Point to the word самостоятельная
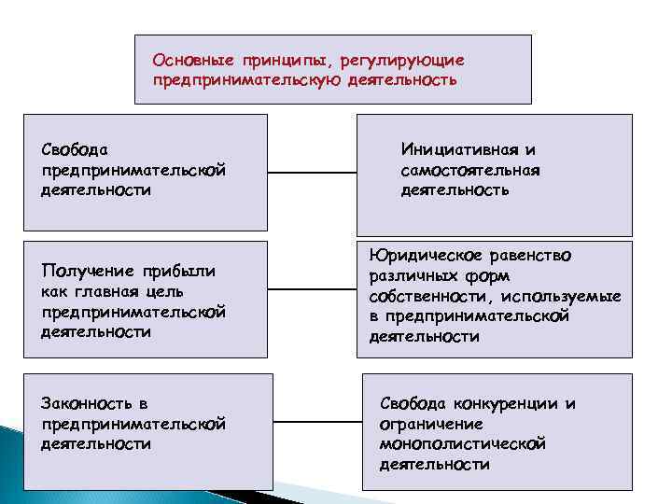click(x=470, y=170)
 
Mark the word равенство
click(x=531, y=255)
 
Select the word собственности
click(x=422, y=296)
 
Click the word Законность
click(x=84, y=403)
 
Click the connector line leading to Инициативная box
click(x=312, y=173)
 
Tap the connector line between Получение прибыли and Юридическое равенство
click(x=312, y=299)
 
